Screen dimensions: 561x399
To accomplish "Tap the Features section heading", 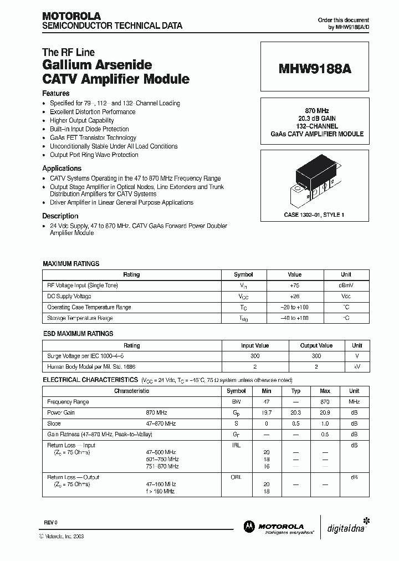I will [x=56, y=94].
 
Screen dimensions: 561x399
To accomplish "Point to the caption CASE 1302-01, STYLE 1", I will [x=314, y=214].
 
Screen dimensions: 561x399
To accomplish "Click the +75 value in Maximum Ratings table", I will [x=294, y=285].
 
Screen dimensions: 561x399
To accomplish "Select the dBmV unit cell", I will [x=346, y=285].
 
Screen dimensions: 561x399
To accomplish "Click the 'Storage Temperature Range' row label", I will [x=80, y=318].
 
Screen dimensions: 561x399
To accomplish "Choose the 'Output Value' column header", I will [x=316, y=345].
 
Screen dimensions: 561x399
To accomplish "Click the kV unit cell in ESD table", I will [x=357, y=367].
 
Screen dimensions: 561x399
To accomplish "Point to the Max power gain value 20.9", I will [x=325, y=412].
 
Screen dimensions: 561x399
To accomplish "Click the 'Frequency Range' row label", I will [x=68, y=402].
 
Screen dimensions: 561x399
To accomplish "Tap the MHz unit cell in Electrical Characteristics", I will [x=354, y=402].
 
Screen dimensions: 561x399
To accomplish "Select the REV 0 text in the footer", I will [x=50, y=523].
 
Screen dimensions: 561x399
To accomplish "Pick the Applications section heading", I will [x=62, y=169].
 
